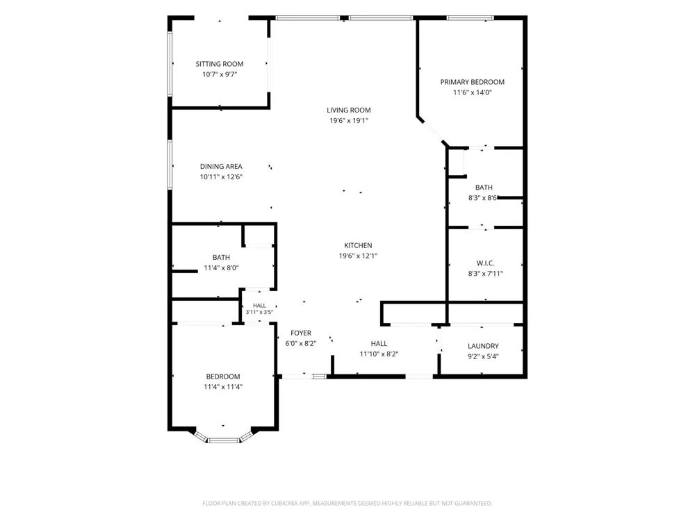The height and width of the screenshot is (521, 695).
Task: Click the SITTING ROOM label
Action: tap(220, 64)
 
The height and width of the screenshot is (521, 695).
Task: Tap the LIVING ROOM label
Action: tap(349, 110)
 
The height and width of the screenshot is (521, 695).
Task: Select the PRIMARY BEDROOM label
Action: tap(472, 82)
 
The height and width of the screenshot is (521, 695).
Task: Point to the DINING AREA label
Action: tap(221, 167)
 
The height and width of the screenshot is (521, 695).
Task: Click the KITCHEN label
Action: tap(358, 245)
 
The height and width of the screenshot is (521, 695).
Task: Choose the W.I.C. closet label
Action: tap(485, 263)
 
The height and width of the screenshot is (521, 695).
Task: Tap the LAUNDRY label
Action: tap(483, 346)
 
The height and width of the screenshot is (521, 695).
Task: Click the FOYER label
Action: tap(301, 333)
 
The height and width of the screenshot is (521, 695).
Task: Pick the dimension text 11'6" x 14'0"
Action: tap(473, 92)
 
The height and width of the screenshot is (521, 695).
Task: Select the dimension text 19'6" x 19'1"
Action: tap(349, 120)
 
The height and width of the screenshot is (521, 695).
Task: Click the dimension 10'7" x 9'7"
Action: tap(220, 74)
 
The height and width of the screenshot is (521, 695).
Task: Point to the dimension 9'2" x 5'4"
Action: tap(483, 356)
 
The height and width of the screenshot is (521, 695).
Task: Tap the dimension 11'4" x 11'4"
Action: tap(223, 387)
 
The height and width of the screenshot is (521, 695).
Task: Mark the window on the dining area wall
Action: tap(170, 165)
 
